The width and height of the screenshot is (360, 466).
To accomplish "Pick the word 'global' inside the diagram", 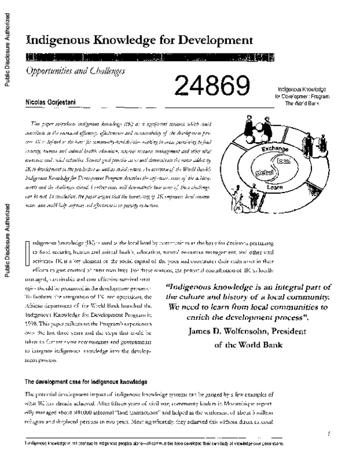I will [x=265, y=171].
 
